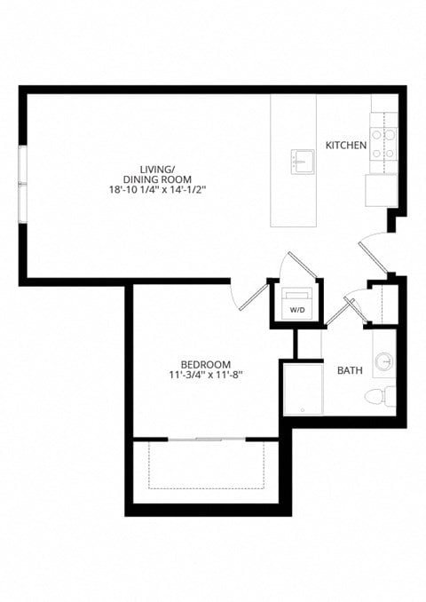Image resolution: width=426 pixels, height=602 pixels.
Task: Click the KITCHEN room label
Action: pos(345,145)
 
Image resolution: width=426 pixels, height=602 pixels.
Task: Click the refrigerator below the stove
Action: pos(382,189)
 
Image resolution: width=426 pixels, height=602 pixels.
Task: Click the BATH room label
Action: pos(349,370)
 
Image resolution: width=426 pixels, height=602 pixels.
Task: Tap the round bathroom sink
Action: pos(384,361)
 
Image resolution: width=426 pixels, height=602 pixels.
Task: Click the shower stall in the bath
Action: pos(303,387)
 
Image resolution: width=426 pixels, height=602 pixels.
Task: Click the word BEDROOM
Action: pos(205,364)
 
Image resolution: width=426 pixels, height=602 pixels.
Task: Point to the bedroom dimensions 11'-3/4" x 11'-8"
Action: pos(205,375)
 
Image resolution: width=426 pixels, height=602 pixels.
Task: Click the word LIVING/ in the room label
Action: pos(157,169)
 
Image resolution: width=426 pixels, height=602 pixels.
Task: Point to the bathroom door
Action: pos(340,310)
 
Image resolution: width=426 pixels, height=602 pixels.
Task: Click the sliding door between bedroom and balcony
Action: pos(206,439)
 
